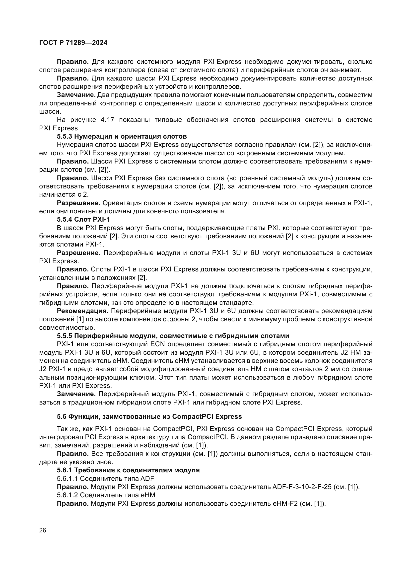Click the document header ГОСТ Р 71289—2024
(73, 43)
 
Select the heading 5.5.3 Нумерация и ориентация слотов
(122, 137)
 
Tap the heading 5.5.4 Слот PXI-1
(83, 219)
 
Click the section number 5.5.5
(65, 336)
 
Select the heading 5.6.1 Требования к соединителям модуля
(128, 470)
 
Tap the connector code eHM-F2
(285, 503)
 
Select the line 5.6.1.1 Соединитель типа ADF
(105, 479)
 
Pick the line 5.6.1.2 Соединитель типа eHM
(106, 495)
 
